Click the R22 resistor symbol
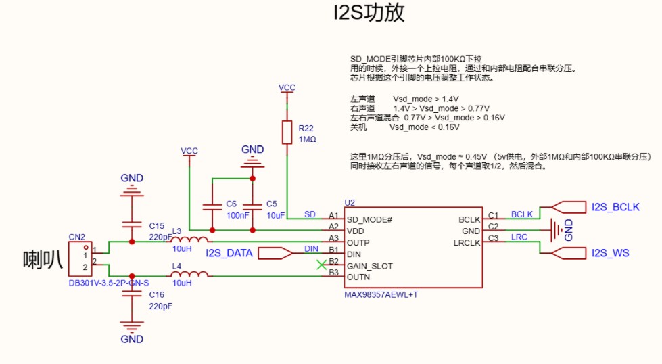[287, 133]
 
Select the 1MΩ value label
[308, 139]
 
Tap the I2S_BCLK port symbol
[570, 207]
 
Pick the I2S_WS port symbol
[570, 253]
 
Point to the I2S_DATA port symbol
[276, 253]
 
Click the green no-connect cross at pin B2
[321, 265]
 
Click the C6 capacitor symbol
[212, 204]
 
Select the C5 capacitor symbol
[252, 204]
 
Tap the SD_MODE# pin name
[369, 219]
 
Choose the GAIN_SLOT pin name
[369, 266]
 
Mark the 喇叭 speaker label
[42, 258]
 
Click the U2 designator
[349, 202]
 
